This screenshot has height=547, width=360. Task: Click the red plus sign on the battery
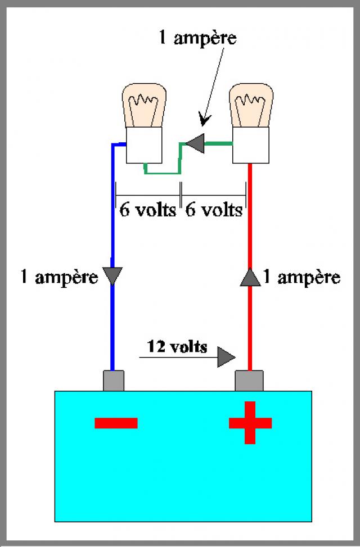click(x=250, y=422)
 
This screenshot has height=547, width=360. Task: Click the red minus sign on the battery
click(x=116, y=423)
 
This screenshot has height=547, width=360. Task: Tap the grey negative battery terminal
click(x=114, y=381)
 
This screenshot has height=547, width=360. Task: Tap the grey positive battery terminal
click(x=249, y=381)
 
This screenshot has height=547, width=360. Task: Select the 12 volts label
click(x=177, y=346)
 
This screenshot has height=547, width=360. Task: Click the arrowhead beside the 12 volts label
click(x=226, y=357)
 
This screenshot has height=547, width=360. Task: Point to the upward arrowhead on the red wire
click(x=250, y=277)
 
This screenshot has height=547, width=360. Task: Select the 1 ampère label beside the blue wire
click(x=60, y=277)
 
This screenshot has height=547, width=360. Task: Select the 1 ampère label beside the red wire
click(x=301, y=277)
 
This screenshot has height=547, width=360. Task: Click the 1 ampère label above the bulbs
click(x=197, y=37)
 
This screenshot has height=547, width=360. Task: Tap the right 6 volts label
click(x=214, y=210)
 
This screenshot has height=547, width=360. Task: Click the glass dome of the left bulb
click(x=144, y=105)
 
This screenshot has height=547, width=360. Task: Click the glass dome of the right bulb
click(x=251, y=105)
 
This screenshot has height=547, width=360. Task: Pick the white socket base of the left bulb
click(x=144, y=145)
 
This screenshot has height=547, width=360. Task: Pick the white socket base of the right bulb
click(x=251, y=145)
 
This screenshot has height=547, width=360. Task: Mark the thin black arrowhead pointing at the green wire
click(x=204, y=119)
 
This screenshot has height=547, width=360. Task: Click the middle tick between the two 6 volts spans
click(x=181, y=195)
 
